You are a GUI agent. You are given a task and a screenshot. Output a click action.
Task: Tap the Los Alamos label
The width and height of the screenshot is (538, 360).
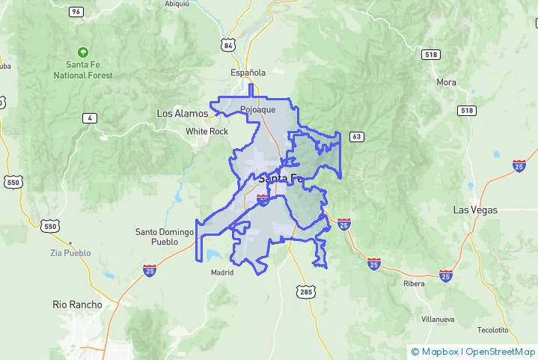(182, 113)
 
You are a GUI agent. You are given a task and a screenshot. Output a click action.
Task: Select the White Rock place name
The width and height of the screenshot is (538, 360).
(207, 131)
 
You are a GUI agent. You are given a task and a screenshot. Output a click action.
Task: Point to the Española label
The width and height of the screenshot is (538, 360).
(248, 73)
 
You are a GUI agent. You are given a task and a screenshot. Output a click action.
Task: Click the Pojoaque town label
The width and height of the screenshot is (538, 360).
(258, 109)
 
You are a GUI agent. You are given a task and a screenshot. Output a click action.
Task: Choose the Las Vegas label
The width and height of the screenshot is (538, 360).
(475, 210)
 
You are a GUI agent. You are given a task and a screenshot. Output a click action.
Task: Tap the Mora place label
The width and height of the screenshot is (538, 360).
(446, 82)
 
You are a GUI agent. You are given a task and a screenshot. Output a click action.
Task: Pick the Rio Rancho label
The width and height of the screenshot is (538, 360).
(77, 304)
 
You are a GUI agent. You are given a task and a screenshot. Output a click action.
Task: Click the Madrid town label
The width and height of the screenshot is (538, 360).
(222, 272)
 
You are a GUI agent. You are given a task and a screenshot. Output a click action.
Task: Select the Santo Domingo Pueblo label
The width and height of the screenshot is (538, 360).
(156, 237)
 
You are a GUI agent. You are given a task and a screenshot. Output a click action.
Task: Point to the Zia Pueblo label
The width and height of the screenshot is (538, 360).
(71, 252)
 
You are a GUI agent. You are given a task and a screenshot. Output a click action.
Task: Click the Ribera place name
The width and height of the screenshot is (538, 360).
(413, 284)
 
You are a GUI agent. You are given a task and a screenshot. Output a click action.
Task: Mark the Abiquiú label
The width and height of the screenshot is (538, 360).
(177, 3)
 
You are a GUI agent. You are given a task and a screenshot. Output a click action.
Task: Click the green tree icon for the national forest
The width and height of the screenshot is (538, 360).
(82, 53)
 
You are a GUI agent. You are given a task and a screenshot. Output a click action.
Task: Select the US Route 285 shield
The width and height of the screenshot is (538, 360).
(305, 290)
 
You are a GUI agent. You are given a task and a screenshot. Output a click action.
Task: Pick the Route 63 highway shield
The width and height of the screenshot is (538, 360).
(356, 136)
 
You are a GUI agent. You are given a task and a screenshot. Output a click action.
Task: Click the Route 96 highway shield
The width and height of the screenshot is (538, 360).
(76, 12)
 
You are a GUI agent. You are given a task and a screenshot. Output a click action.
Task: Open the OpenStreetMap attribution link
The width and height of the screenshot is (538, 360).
(501, 351)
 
